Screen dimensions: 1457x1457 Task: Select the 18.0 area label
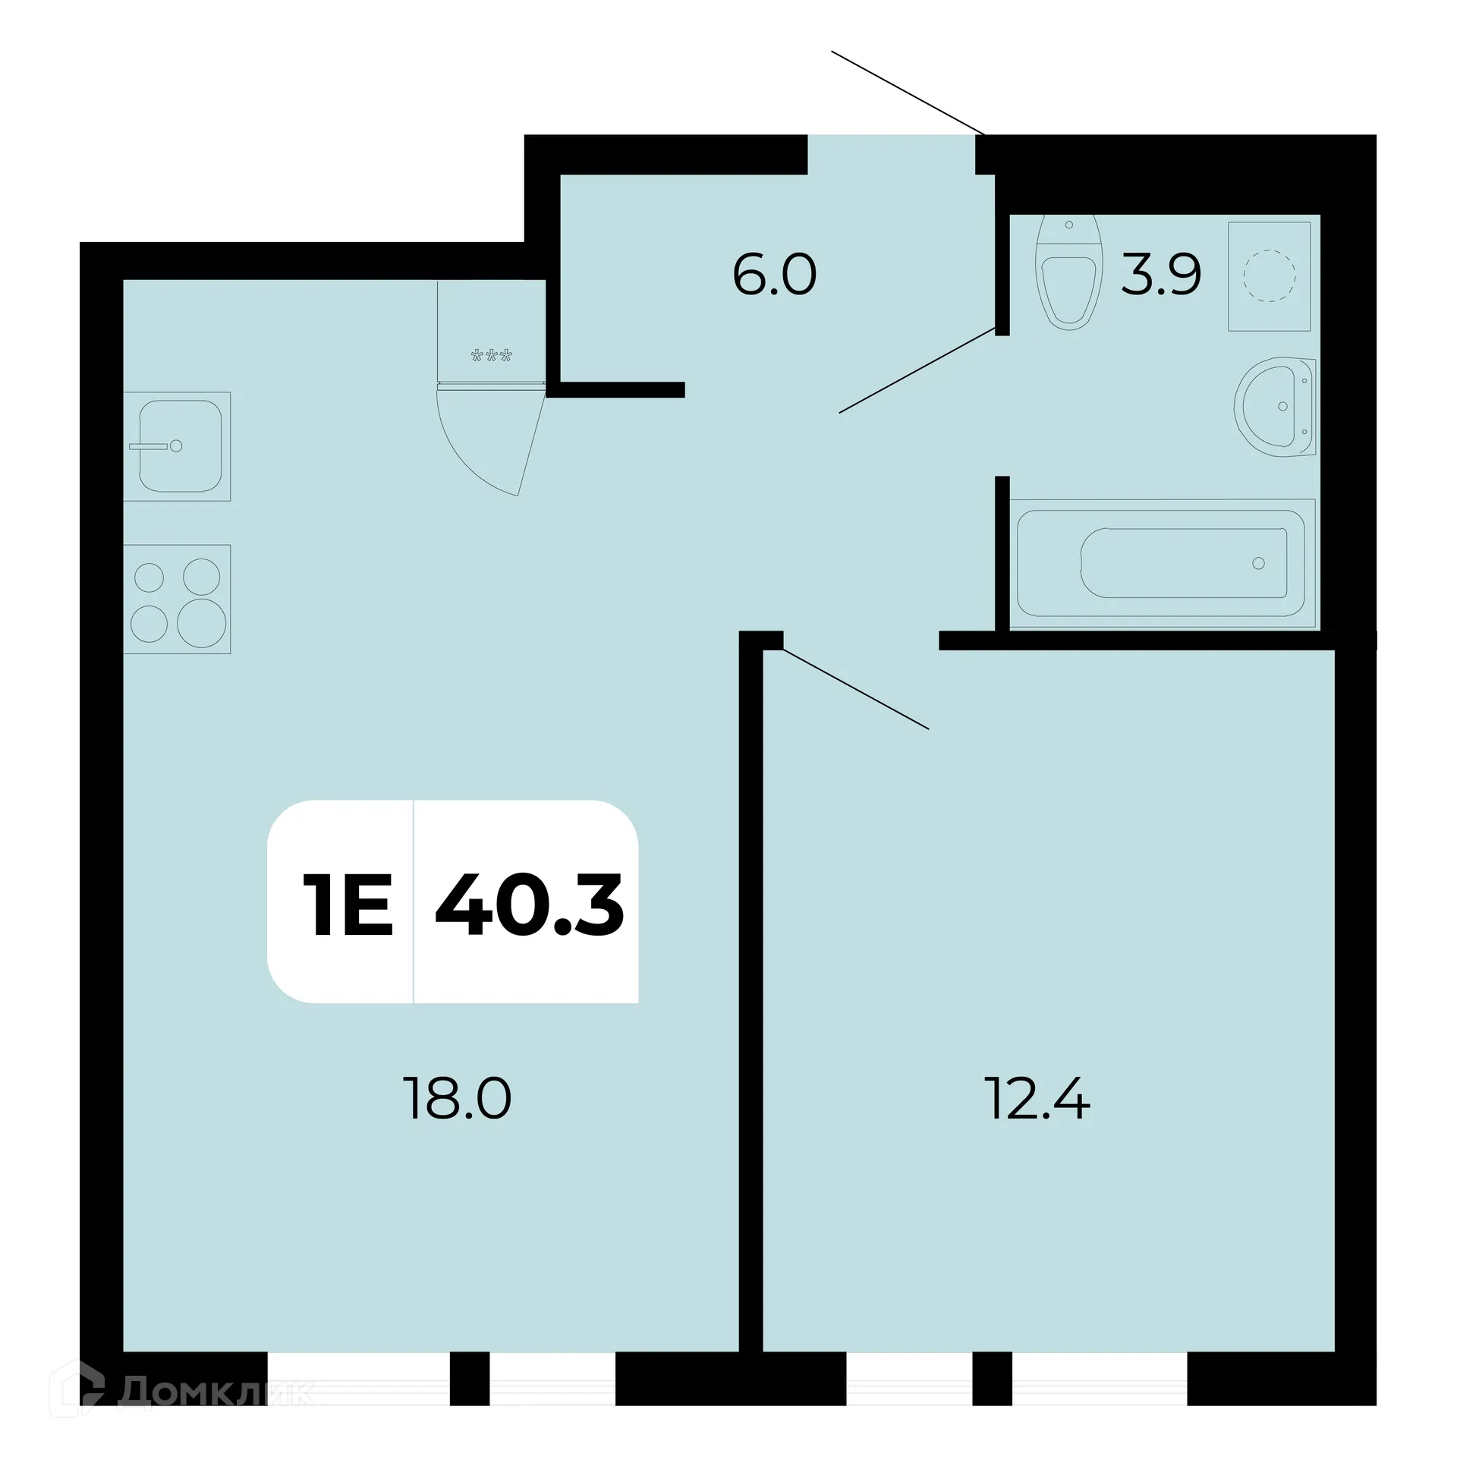point(458,1100)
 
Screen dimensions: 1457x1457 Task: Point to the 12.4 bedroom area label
point(1037,1100)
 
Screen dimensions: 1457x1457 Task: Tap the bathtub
point(1161,563)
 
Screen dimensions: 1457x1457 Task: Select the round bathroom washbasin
point(1275,407)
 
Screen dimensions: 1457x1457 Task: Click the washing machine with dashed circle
point(1270,276)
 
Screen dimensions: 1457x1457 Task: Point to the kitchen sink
point(178,446)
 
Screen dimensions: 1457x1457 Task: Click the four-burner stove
point(178,599)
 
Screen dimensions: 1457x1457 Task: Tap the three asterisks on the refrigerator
point(492,355)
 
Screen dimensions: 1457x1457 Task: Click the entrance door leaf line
point(908,93)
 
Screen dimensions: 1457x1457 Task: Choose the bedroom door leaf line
point(856,689)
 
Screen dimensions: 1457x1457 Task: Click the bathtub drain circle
point(1258,563)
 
